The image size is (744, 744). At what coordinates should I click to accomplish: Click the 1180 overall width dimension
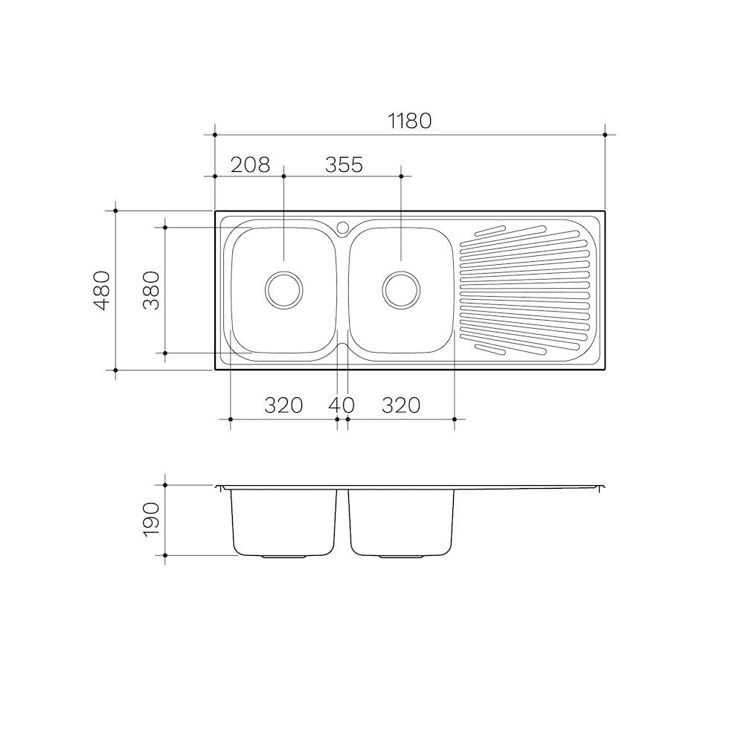(x=410, y=121)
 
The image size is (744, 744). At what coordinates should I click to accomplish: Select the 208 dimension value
(x=250, y=165)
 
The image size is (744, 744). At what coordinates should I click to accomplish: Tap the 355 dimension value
(x=344, y=165)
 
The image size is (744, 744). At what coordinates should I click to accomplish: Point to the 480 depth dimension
(x=102, y=290)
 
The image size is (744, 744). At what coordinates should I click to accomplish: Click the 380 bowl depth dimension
(x=151, y=290)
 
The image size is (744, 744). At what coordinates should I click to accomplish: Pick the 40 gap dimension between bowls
(x=341, y=405)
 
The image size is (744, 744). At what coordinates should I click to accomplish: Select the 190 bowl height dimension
(x=151, y=519)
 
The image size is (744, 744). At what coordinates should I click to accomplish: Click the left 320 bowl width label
(x=283, y=405)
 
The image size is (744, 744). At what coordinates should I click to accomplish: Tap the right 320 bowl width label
(x=401, y=405)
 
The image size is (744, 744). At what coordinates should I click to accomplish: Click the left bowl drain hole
(x=283, y=290)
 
